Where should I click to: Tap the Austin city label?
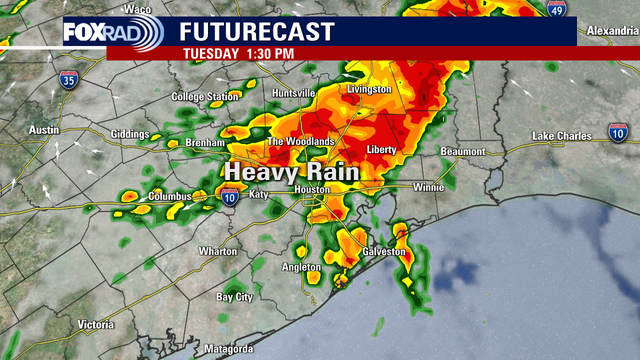(44, 131)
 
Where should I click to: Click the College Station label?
(206, 97)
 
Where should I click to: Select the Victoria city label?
(96, 325)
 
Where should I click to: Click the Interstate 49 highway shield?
(556, 9)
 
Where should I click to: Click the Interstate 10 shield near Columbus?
(230, 199)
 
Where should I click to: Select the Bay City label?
(236, 297)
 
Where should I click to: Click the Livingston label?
(368, 90)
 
